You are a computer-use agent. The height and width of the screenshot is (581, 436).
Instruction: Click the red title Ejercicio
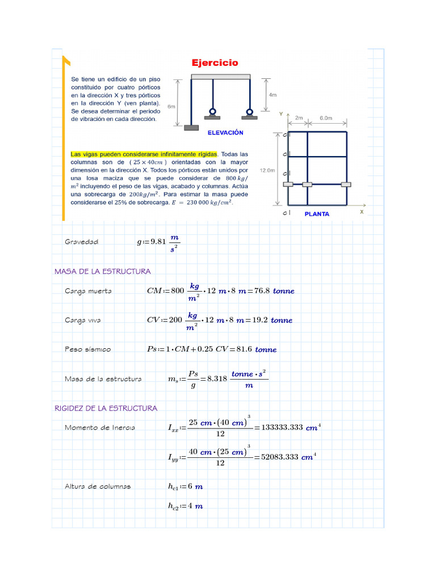pos(214,63)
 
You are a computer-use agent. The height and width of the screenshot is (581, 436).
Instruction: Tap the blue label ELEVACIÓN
pos(225,133)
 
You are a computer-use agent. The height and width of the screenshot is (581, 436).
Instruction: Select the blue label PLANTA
pos(317,214)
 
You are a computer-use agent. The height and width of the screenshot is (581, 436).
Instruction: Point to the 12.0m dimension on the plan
pos(267,170)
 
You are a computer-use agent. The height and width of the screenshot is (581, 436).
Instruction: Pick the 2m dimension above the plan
pos(299,119)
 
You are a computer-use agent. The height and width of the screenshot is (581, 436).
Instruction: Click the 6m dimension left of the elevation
pos(171,106)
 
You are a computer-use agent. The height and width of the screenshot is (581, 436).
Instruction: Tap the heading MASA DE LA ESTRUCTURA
pos(102,271)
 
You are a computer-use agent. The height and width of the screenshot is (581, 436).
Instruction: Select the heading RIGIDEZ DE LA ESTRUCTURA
pos(106,408)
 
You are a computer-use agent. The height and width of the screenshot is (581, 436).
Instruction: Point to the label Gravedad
pos(81,242)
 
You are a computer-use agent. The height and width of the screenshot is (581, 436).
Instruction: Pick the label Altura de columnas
pos(98,486)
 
